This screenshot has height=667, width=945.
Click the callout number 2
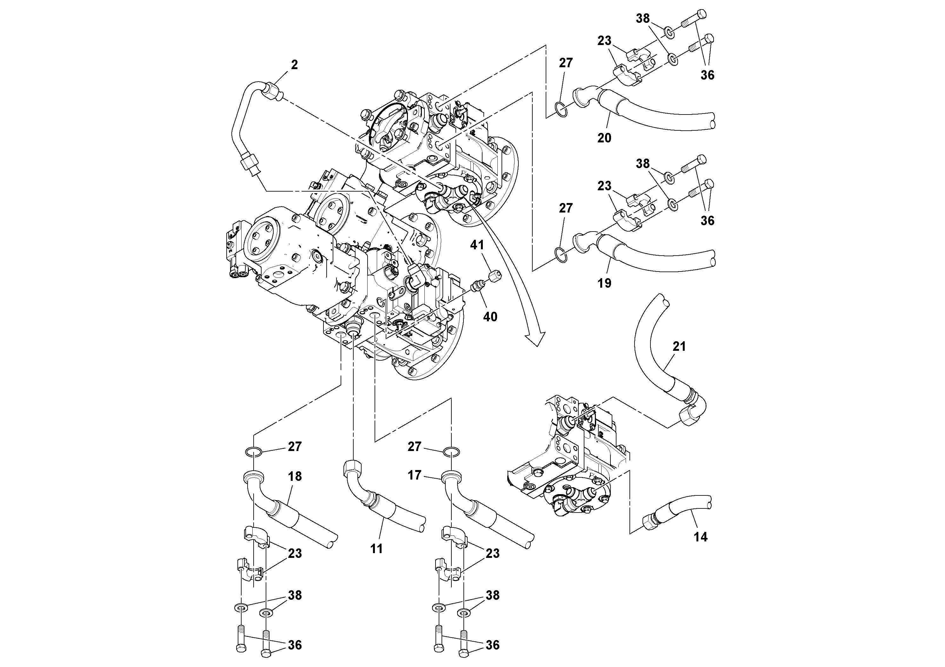[294, 65]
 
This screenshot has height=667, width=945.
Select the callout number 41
[477, 245]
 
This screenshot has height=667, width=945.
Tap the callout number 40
[490, 317]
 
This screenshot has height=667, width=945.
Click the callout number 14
[700, 537]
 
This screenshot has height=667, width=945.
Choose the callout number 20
[604, 138]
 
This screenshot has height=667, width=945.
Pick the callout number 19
[604, 283]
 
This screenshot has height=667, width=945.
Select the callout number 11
[376, 549]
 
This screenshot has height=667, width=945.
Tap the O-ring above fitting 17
[452, 453]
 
